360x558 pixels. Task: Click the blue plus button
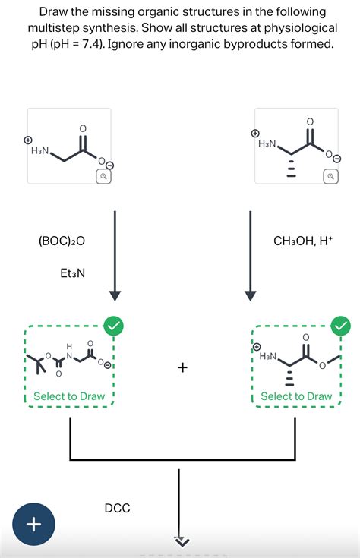pyautogui.click(x=34, y=524)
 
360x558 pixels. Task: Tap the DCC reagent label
pyautogui.click(x=117, y=508)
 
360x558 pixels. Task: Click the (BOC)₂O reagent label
pyautogui.click(x=62, y=241)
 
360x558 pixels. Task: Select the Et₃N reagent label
pyautogui.click(x=73, y=273)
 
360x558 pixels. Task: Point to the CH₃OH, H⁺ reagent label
pyautogui.click(x=303, y=241)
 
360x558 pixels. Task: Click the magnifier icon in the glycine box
pyautogui.click(x=103, y=176)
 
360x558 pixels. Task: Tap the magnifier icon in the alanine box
pyautogui.click(x=331, y=176)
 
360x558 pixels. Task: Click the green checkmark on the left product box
pyautogui.click(x=113, y=325)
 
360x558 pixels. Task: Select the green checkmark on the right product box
pyautogui.click(x=341, y=325)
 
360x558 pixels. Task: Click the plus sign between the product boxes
pyautogui.click(x=182, y=367)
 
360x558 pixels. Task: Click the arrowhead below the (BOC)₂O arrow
pyautogui.click(x=115, y=296)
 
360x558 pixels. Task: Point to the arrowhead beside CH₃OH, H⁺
pyautogui.click(x=251, y=296)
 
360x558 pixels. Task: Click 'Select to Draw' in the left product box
pyautogui.click(x=69, y=396)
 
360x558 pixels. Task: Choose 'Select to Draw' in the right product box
pyautogui.click(x=296, y=396)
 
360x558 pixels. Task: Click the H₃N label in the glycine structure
pyautogui.click(x=40, y=150)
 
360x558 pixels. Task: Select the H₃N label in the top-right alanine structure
pyautogui.click(x=267, y=143)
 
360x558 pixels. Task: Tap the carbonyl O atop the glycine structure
pyautogui.click(x=82, y=128)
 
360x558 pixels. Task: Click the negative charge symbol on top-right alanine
pyautogui.click(x=338, y=158)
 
